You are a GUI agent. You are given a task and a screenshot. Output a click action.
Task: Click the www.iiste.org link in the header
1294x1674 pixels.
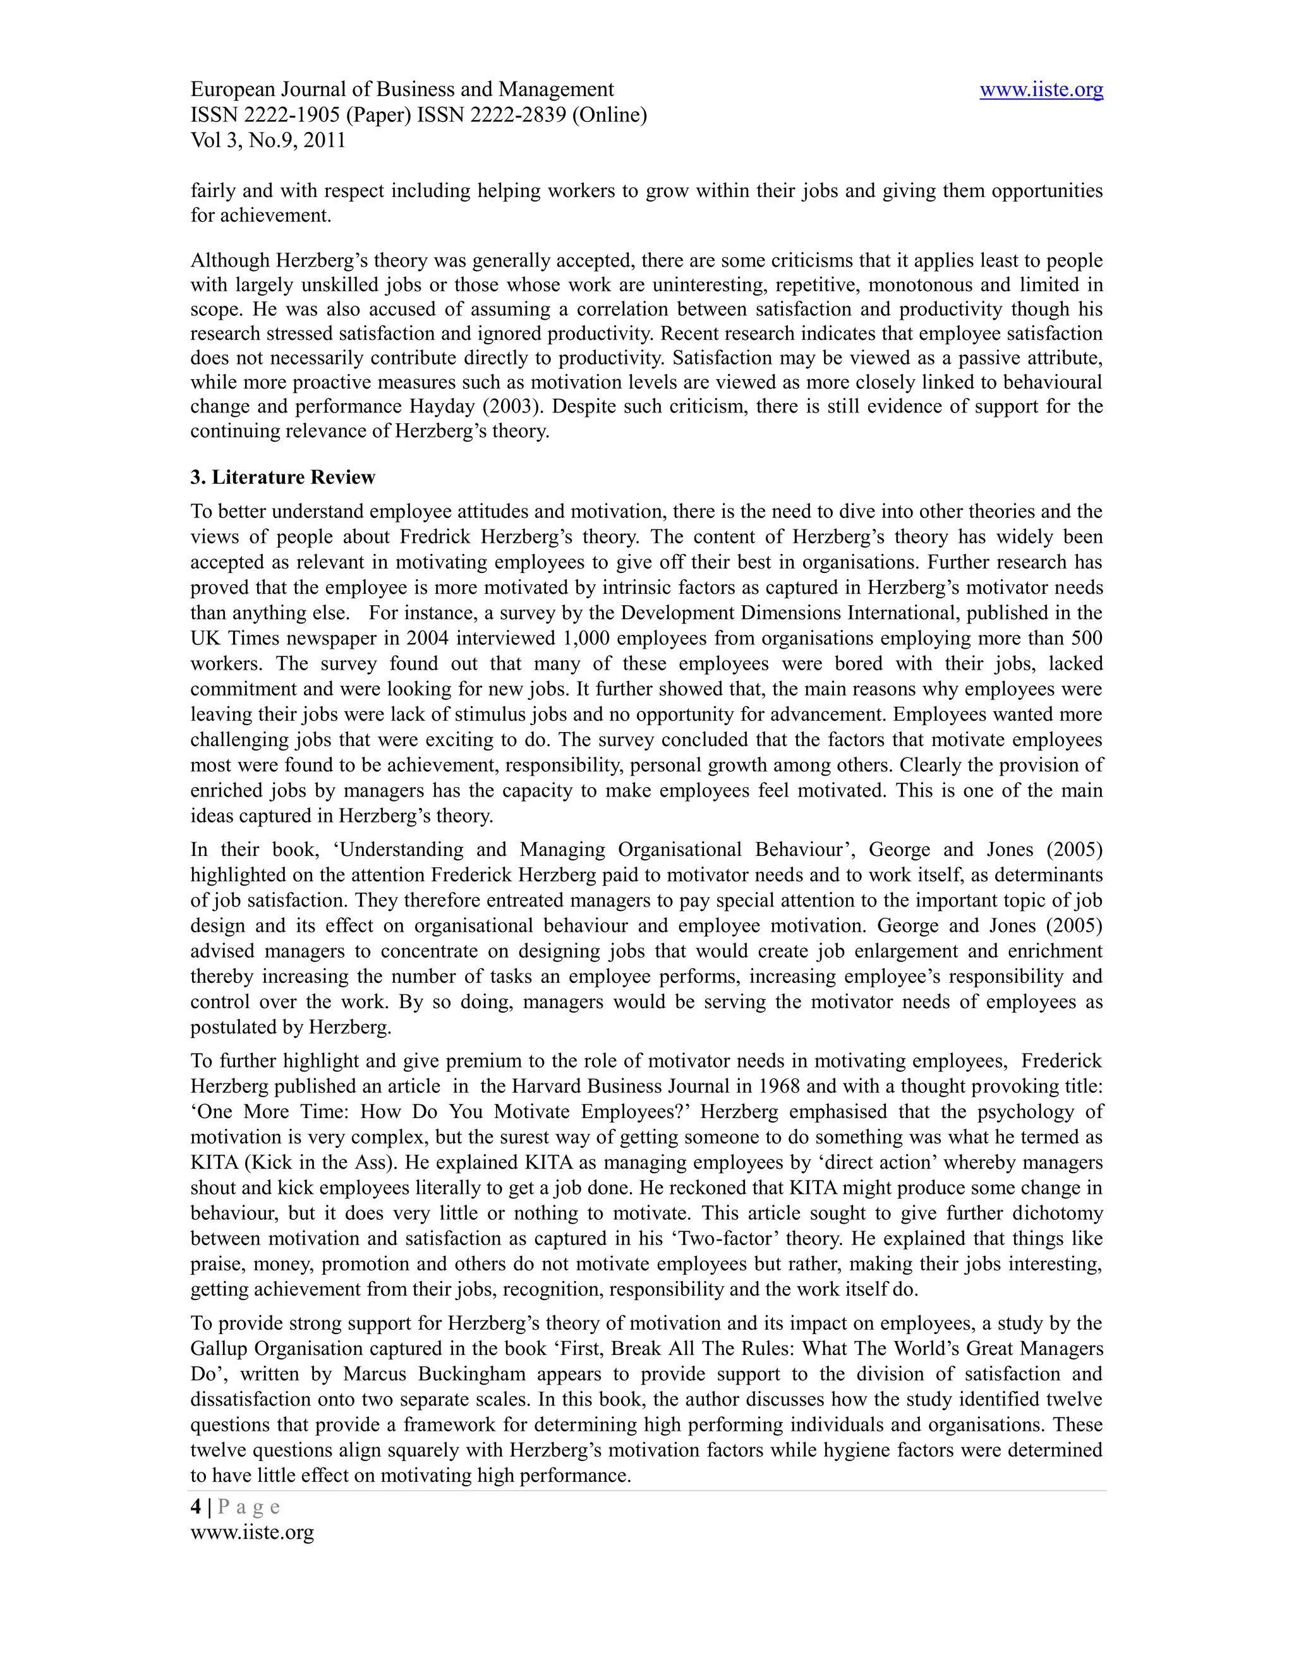tap(1041, 90)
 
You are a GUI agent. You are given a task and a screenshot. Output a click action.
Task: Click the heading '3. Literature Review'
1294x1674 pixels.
tap(283, 478)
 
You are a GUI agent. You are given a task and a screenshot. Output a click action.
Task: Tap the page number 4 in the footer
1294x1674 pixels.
tap(197, 1507)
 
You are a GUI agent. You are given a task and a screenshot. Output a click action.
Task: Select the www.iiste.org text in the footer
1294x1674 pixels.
tap(252, 1532)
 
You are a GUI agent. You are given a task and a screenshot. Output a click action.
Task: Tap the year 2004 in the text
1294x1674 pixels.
tap(427, 638)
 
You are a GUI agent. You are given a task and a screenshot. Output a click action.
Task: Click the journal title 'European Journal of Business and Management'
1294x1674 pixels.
tap(402, 90)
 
